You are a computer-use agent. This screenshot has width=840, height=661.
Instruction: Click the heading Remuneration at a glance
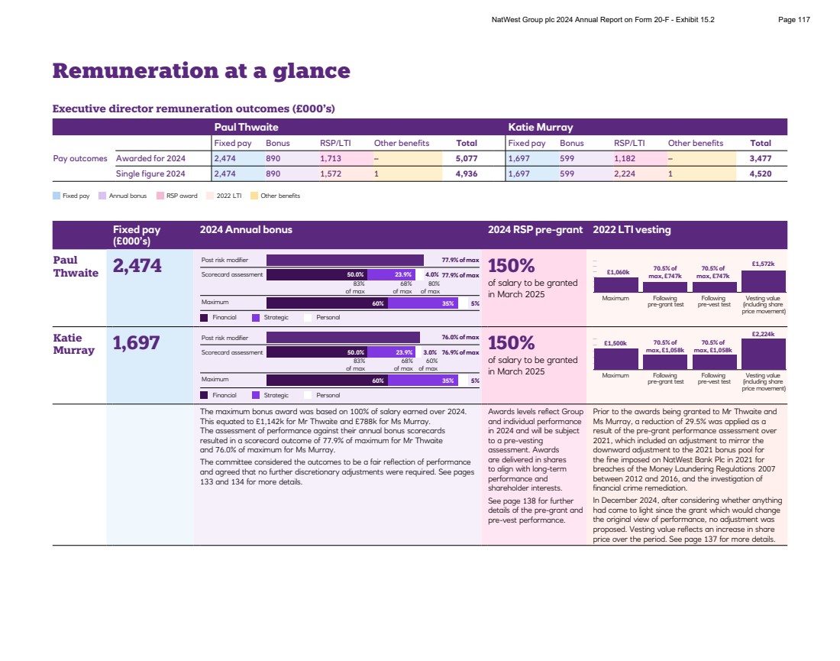point(201,71)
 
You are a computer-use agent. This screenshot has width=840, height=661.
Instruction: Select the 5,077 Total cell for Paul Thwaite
point(466,159)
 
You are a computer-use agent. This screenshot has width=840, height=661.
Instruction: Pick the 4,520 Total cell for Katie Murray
point(760,173)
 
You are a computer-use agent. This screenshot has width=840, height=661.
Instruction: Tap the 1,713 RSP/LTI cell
point(331,159)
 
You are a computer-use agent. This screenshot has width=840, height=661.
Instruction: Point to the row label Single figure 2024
point(151,173)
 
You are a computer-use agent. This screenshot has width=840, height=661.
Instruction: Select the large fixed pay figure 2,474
point(137,266)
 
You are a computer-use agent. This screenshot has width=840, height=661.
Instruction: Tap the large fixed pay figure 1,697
point(137,343)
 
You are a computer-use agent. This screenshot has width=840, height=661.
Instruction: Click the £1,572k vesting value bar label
point(763,264)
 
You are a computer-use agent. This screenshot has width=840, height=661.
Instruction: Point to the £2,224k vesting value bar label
point(763,334)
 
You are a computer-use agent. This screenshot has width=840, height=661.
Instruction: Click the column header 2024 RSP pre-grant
point(535,229)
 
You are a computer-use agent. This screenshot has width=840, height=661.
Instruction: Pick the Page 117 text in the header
point(793,20)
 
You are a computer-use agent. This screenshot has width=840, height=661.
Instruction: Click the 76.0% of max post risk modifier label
point(460,337)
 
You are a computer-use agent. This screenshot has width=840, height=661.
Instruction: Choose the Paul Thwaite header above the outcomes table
point(246,127)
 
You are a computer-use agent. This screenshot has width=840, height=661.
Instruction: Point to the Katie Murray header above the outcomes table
point(540,127)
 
